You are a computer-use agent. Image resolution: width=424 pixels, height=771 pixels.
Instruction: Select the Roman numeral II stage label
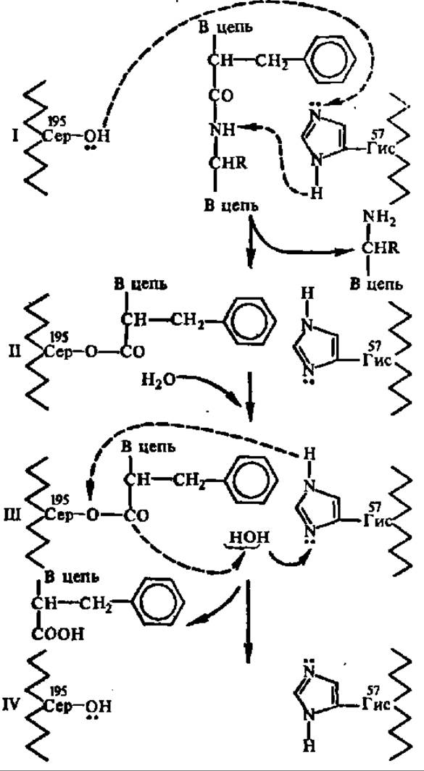(x=15, y=352)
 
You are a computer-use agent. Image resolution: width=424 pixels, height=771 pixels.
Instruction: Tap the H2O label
(x=157, y=379)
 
